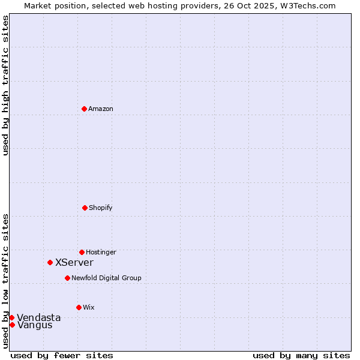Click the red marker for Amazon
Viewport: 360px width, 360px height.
coord(84,109)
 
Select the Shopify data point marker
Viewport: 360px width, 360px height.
coord(85,208)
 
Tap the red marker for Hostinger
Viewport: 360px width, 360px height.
coord(82,252)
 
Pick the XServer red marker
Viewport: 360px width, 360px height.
coord(50,262)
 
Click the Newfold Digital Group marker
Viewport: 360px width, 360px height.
coord(67,278)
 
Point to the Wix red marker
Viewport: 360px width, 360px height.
coord(79,307)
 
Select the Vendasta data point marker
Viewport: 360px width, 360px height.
coord(11,317)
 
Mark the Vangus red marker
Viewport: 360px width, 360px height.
coord(12,325)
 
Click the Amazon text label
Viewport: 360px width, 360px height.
coord(101,109)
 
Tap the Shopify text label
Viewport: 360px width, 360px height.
coord(101,208)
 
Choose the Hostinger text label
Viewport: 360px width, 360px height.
coord(101,252)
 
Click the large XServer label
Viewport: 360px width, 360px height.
coord(74,262)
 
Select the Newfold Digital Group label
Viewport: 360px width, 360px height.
coord(106,278)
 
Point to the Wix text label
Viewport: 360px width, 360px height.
coord(89,307)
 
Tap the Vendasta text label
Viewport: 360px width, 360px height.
coord(39,317)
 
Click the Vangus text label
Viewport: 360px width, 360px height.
coord(35,325)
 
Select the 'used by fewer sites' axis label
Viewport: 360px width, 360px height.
coord(62,355)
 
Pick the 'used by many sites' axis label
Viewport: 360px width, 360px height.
coord(301,355)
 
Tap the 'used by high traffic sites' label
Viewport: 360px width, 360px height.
coord(5,85)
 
